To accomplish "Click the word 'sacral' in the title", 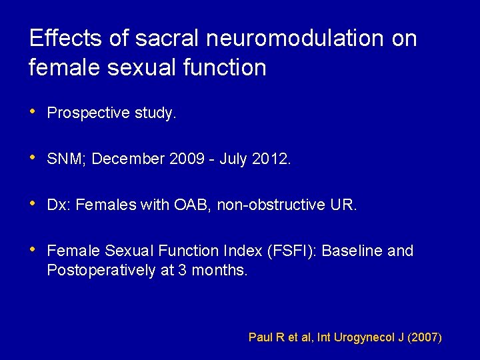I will pos(167,39).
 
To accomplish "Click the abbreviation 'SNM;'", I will pos(67,159).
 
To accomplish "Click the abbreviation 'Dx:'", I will pos(59,205).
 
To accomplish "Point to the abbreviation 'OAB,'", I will pos(193,205).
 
